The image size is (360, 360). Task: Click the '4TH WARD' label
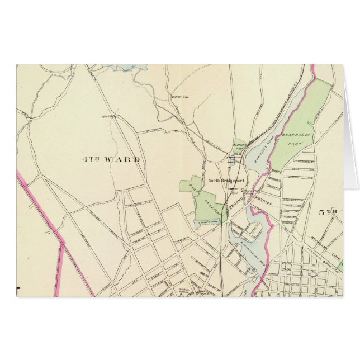(x=110, y=159)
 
